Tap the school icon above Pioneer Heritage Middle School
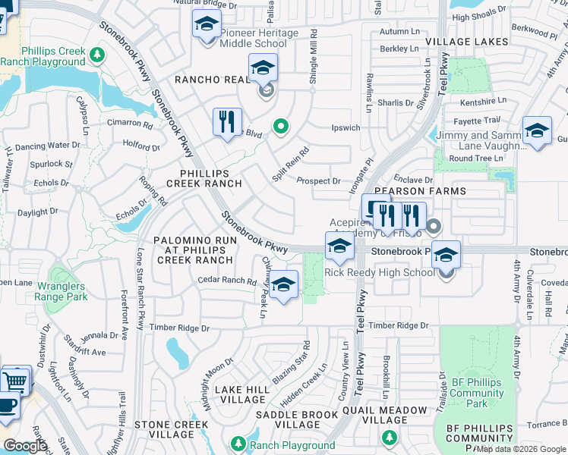(x=207, y=25)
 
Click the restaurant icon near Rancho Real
(x=227, y=122)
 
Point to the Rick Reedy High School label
(x=380, y=273)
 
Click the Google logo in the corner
(x=25, y=446)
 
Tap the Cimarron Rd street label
(x=129, y=123)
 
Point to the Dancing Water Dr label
(x=48, y=145)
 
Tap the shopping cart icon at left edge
(x=15, y=379)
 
